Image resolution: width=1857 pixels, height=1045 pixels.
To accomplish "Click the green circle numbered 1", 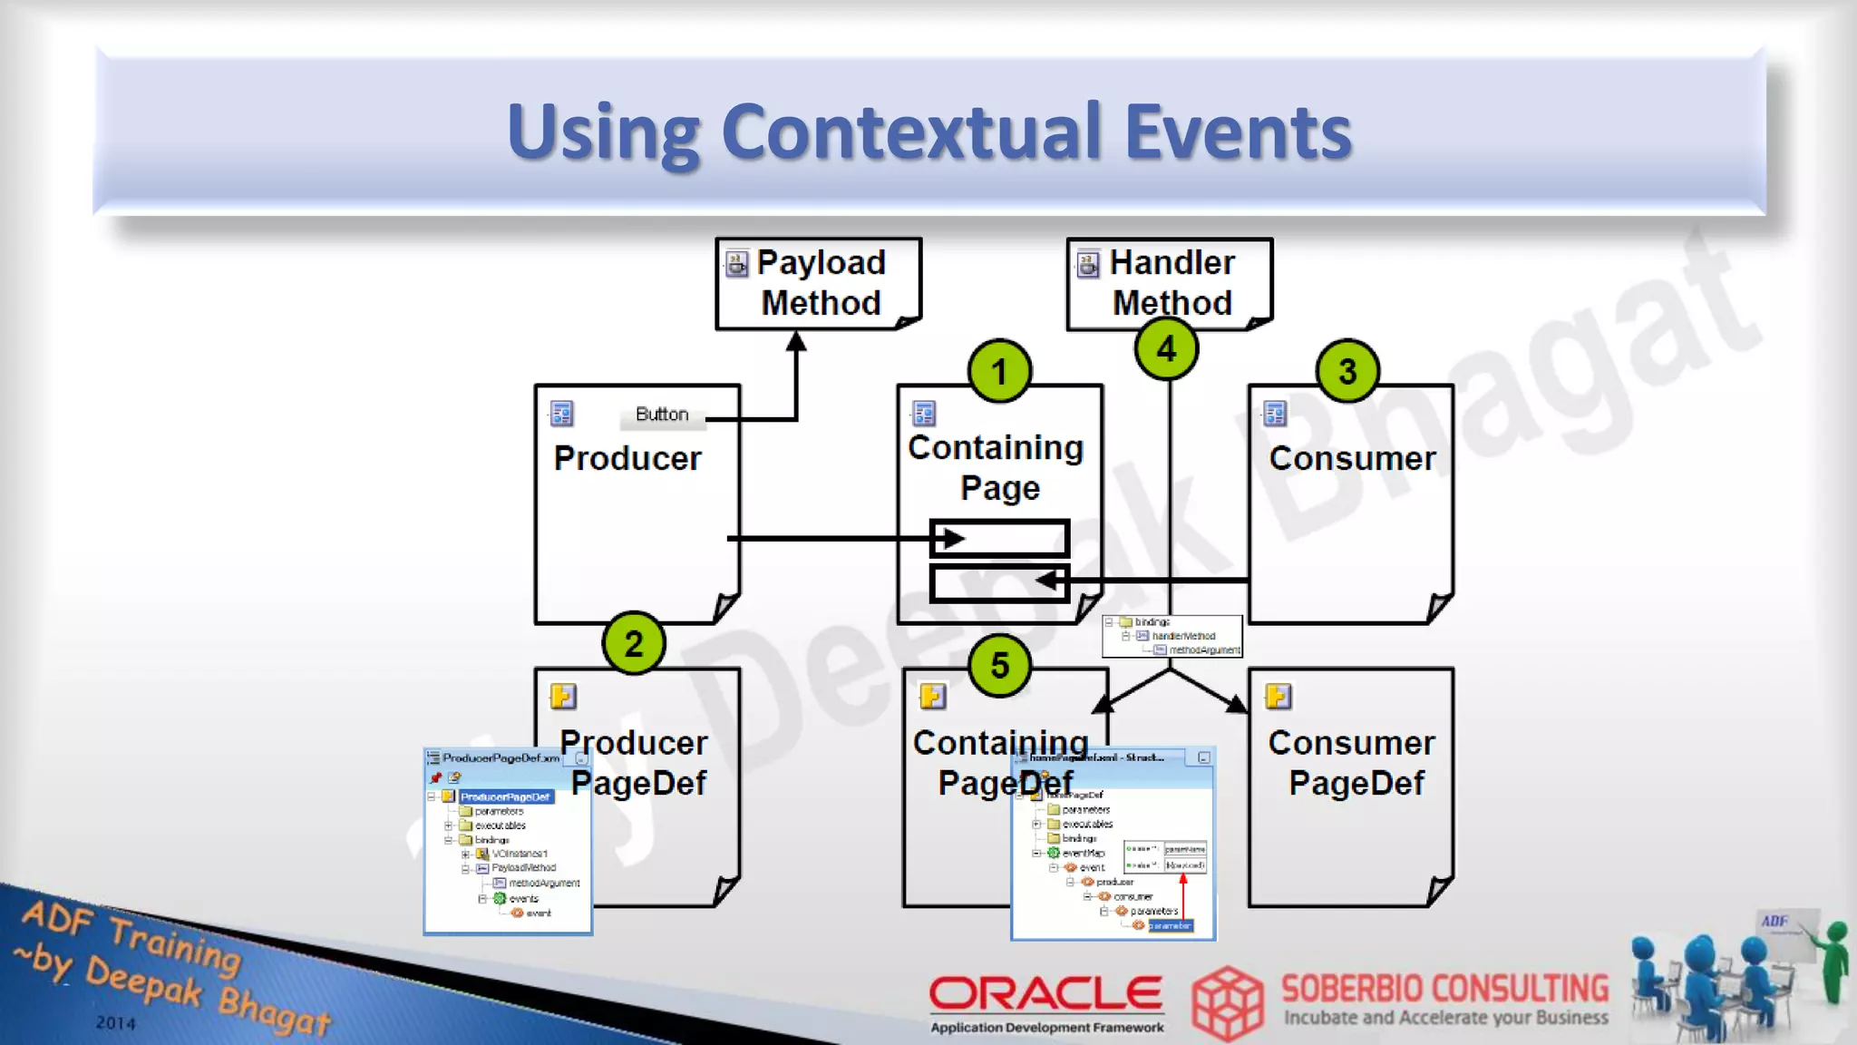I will pyautogui.click(x=999, y=372).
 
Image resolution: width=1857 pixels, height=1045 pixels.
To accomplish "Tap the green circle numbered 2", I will pyautogui.click(x=634, y=643).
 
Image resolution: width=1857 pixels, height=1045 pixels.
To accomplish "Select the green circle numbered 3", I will pyautogui.click(x=1347, y=371).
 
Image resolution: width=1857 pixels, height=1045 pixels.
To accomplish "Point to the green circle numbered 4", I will pyautogui.click(x=1167, y=349).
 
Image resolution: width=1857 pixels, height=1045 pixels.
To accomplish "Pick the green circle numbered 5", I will pyautogui.click(x=1000, y=666).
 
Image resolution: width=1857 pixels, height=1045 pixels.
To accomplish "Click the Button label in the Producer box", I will pyautogui.click(x=662, y=415).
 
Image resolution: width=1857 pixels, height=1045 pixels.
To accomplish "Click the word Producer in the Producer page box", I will pyautogui.click(x=627, y=458).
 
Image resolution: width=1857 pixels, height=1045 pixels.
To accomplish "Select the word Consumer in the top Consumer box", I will pyautogui.click(x=1352, y=458).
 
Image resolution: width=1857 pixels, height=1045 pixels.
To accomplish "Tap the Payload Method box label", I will pyautogui.click(x=822, y=282).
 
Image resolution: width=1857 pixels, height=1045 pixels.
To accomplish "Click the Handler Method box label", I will pyautogui.click(x=1172, y=282).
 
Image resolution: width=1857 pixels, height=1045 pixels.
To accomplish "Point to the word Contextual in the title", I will pyautogui.click(x=922, y=132).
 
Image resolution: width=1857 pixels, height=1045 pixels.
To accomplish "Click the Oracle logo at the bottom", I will pyautogui.click(x=1045, y=994).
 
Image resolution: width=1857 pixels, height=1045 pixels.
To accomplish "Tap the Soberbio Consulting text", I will pyautogui.click(x=1444, y=988).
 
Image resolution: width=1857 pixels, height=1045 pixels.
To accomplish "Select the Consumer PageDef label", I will pyautogui.click(x=1352, y=762).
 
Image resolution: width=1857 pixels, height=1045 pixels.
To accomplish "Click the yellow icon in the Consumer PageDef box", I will pyautogui.click(x=1278, y=696).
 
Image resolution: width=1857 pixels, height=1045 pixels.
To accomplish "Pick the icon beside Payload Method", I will pyautogui.click(x=737, y=264).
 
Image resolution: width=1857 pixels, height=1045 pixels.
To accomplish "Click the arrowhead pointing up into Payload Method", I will pyautogui.click(x=796, y=342).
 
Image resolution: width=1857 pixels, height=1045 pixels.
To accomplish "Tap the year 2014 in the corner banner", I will pyautogui.click(x=116, y=1023).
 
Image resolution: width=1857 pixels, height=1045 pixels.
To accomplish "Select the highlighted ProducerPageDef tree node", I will pyautogui.click(x=505, y=796).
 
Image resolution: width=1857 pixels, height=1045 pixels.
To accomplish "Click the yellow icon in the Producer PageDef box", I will pyautogui.click(x=563, y=696).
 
